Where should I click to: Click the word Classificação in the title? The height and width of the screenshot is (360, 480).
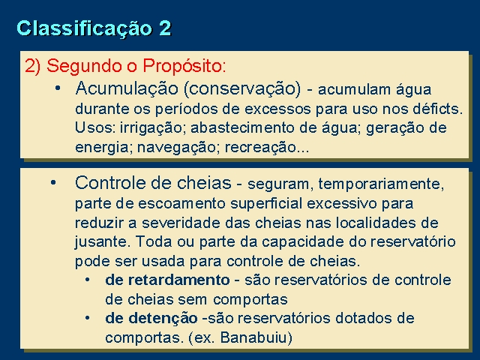tap(84, 29)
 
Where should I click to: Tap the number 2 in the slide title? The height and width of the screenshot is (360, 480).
tap(165, 28)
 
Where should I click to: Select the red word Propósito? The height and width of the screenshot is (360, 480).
tap(184, 67)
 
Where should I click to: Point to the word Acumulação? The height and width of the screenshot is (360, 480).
tap(127, 89)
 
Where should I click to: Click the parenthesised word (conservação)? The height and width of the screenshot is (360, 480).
tap(242, 89)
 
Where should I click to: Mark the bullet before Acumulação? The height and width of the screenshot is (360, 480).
tap(58, 88)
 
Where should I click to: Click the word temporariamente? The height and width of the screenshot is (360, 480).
tap(381, 184)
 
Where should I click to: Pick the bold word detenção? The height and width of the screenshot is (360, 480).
tap(163, 318)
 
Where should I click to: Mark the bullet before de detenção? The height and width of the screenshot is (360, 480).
tap(88, 318)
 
